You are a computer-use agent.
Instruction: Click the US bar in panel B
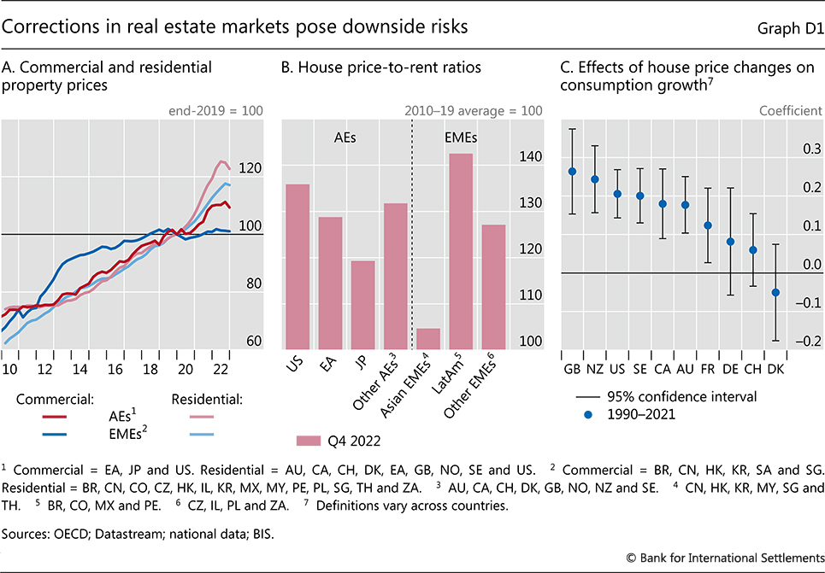point(298,266)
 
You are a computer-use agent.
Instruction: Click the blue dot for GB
point(572,171)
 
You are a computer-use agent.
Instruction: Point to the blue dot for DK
point(776,292)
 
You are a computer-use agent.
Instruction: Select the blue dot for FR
point(708,225)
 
